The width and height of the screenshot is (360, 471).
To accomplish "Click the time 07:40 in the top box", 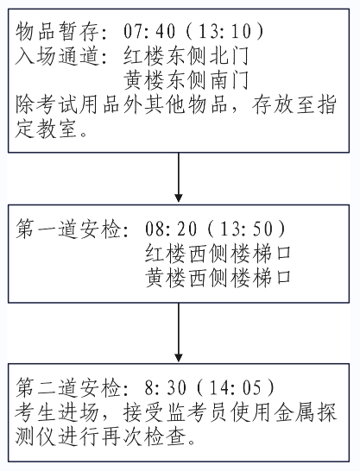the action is [x=149, y=31].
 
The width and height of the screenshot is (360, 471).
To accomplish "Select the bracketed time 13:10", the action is [x=224, y=31].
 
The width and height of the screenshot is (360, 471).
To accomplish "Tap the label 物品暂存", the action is [x=57, y=31].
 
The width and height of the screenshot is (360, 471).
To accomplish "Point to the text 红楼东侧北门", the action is [x=186, y=55].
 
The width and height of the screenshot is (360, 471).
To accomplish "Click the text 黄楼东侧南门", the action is [x=186, y=80].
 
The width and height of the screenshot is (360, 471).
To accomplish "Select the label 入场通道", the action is [x=57, y=55].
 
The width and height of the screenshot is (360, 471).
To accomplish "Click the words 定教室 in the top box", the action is [x=46, y=129].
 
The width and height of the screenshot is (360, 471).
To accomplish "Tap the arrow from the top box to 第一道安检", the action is [x=179, y=177].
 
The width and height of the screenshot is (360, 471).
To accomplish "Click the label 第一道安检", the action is [x=68, y=229].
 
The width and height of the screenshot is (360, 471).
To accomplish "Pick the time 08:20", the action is [x=171, y=229].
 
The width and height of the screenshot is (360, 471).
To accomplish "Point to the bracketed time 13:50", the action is [x=246, y=229].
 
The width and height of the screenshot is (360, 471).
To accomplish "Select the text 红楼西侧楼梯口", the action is [x=218, y=254].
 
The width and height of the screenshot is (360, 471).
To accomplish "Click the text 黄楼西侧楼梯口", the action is [x=218, y=278].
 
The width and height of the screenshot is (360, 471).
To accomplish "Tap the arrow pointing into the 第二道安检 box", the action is [x=179, y=333].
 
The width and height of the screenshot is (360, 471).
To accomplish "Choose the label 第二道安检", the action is [x=68, y=387].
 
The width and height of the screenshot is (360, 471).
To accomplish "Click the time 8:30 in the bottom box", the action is [x=166, y=387].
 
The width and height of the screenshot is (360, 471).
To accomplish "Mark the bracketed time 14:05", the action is [x=236, y=387].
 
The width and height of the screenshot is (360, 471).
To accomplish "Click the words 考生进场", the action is [x=57, y=412].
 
